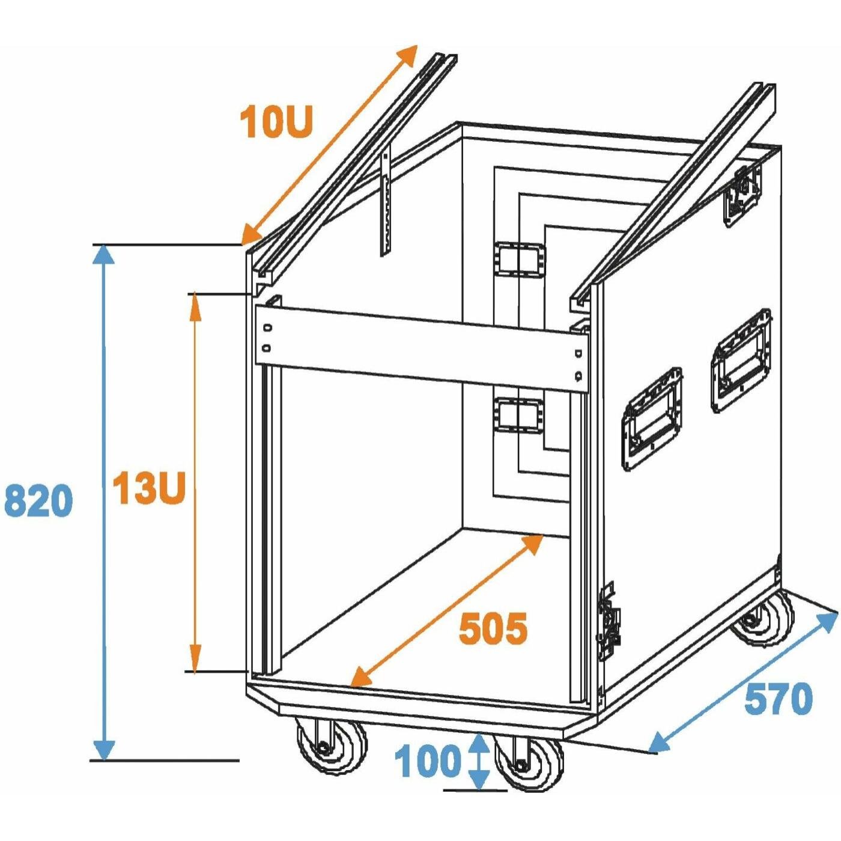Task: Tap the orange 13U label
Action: [x=149, y=488]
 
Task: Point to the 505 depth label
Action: [x=494, y=628]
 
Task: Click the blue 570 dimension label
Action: [x=779, y=699]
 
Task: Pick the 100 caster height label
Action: [x=427, y=761]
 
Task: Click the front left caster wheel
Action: [x=331, y=748]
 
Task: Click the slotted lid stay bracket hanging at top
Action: [x=385, y=204]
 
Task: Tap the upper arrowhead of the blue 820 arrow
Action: [x=103, y=254]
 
